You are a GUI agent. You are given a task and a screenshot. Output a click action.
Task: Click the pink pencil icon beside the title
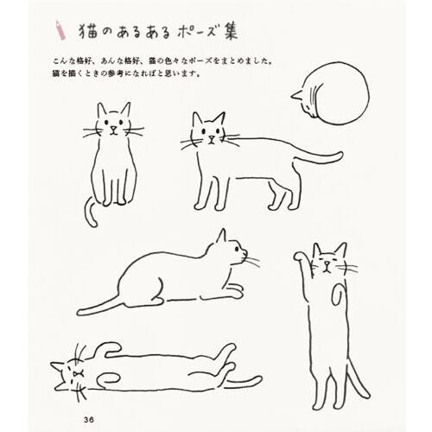(60, 29)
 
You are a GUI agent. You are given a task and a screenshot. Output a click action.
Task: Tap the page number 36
(89, 420)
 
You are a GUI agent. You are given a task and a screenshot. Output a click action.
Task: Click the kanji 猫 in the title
(88, 31)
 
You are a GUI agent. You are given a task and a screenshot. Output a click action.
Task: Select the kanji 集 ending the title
(231, 30)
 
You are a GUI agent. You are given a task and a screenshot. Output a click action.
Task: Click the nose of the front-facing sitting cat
(114, 128)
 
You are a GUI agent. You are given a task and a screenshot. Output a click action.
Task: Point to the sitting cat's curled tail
(90, 213)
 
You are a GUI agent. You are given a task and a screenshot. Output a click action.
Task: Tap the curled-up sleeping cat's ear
(296, 95)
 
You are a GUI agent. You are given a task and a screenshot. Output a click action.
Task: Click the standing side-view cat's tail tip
(340, 156)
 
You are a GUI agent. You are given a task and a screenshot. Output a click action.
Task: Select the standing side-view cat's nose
(212, 137)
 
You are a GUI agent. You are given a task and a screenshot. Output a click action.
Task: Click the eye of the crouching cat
(237, 248)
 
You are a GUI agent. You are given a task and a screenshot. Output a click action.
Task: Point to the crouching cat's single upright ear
(221, 236)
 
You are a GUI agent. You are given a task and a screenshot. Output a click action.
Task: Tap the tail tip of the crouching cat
(81, 312)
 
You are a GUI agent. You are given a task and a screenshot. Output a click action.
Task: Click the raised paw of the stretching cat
(299, 256)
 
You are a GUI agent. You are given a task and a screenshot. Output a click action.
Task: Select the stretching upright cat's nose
(326, 263)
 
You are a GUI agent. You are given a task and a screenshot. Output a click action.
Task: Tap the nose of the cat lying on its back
(76, 374)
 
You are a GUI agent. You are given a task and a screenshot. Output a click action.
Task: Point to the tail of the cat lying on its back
(244, 382)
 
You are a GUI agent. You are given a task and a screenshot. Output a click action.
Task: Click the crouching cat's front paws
(234, 291)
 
